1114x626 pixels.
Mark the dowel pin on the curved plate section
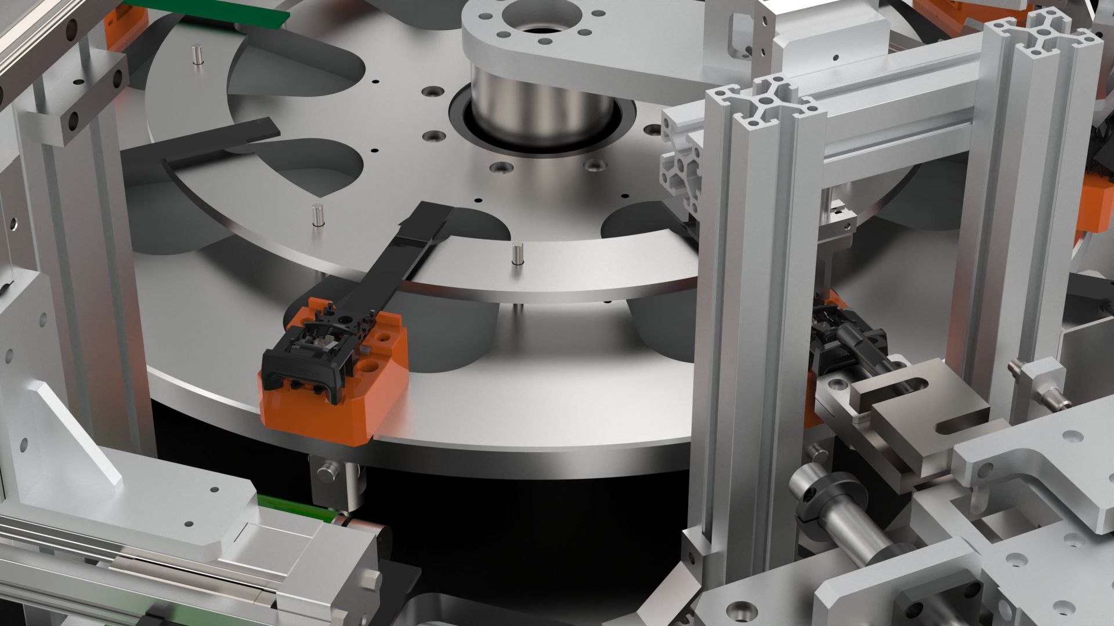pos(516,255)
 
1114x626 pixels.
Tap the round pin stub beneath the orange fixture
pos(328,472)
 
